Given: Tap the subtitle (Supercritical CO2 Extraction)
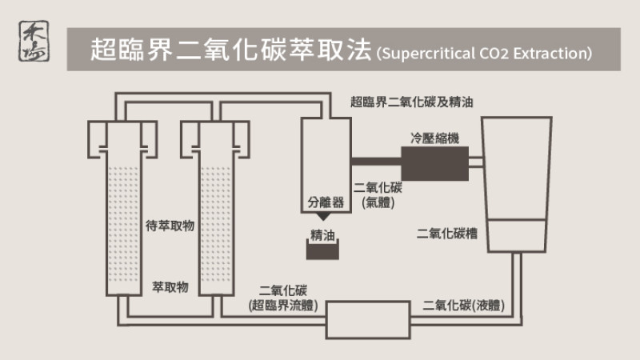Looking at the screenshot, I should point(485,54).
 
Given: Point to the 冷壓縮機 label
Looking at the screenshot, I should point(435,138).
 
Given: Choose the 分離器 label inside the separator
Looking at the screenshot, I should point(326,202).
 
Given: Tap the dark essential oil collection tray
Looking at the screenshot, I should point(326,251).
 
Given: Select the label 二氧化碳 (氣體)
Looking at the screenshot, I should point(382,194).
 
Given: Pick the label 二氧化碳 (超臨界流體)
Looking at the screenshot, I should point(284,298).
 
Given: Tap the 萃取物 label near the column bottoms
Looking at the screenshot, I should point(170,286).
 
